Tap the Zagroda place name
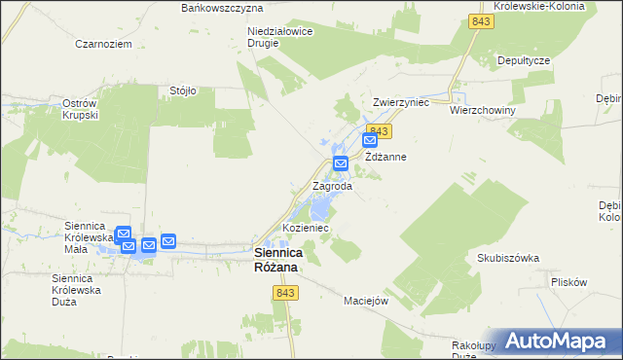pyautogui.click(x=332, y=185)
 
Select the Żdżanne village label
pyautogui.click(x=385, y=157)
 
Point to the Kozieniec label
pyautogui.click(x=306, y=228)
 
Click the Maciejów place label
pyautogui.click(x=366, y=300)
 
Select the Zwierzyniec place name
pyautogui.click(x=401, y=101)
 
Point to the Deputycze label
pyautogui.click(x=525, y=60)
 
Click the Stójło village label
pyautogui.click(x=183, y=90)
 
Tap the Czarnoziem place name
pyautogui.click(x=103, y=44)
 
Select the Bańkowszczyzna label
pyautogui.click(x=223, y=7)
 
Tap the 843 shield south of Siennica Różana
pyautogui.click(x=285, y=293)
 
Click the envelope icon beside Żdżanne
pyautogui.click(x=370, y=142)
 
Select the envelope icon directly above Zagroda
pyautogui.click(x=341, y=162)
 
